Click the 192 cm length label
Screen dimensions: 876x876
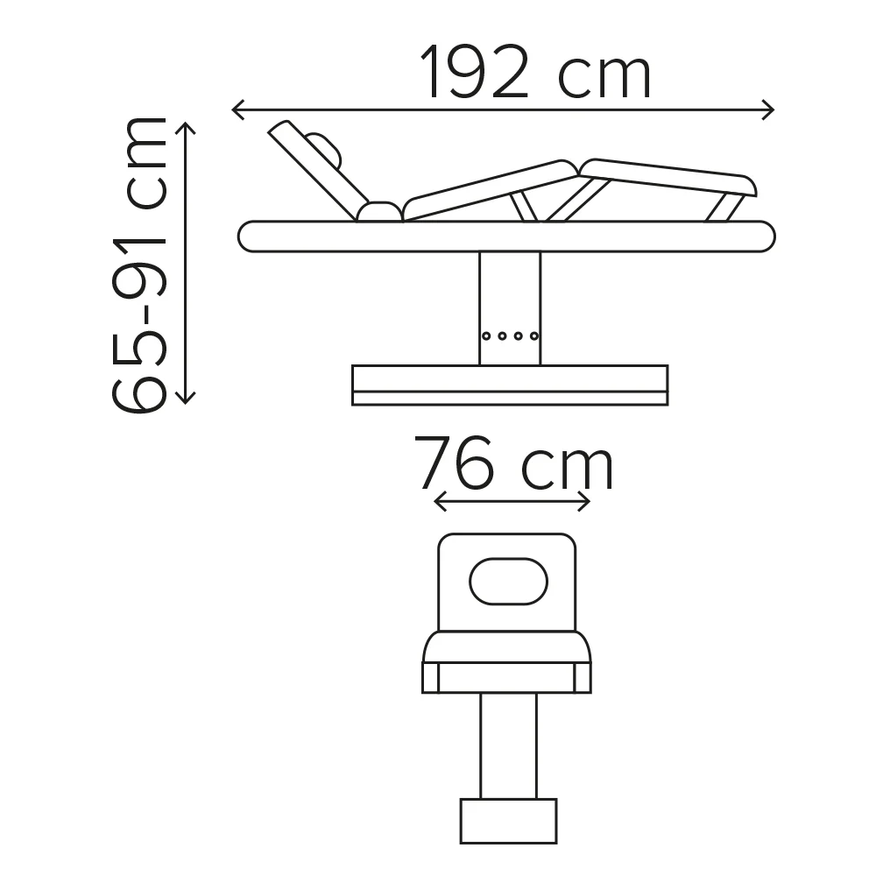(535, 72)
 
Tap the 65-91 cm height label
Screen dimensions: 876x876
(139, 265)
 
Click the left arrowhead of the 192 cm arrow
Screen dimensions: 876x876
(238, 110)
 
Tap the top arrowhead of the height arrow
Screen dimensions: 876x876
(185, 129)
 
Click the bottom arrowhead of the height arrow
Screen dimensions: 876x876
(185, 397)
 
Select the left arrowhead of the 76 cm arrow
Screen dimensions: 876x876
(441, 502)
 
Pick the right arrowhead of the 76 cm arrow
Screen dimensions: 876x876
(584, 502)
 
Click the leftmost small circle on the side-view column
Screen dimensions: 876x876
(486, 336)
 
